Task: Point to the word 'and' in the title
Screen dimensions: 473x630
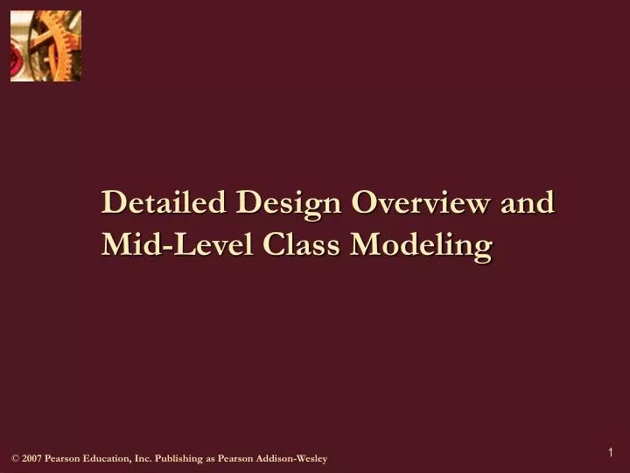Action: point(528,202)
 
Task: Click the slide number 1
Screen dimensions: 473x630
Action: point(611,452)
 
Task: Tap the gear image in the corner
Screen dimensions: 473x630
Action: point(45,46)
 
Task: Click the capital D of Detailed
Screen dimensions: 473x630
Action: point(112,202)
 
